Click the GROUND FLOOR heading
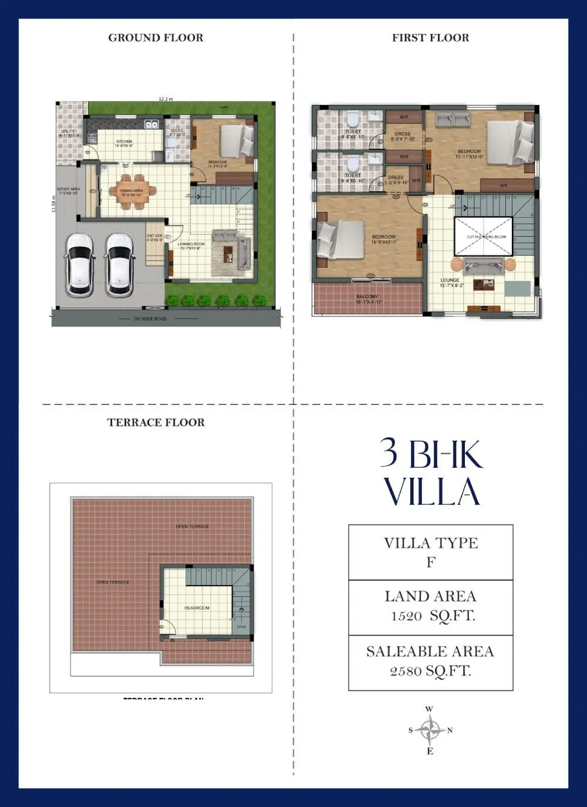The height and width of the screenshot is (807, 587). click(x=156, y=38)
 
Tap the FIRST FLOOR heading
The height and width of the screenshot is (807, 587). click(x=430, y=38)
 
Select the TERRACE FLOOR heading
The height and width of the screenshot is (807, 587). click(x=156, y=423)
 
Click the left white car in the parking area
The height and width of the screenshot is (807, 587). click(x=79, y=264)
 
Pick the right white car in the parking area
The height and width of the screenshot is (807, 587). click(x=120, y=264)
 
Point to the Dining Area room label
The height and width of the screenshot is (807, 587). click(x=132, y=191)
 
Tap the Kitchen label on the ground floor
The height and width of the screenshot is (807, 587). click(x=124, y=142)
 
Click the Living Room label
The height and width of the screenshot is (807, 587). click(x=191, y=244)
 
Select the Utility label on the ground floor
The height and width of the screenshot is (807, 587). click(x=68, y=131)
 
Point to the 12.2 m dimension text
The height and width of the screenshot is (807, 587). click(x=166, y=99)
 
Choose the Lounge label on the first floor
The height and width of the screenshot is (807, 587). click(x=450, y=281)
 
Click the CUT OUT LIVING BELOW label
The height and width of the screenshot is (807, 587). click(x=487, y=237)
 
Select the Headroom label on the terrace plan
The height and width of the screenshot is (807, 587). click(x=197, y=608)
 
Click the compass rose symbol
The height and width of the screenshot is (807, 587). click(x=431, y=730)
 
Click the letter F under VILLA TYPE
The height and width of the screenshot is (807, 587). click(x=430, y=562)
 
